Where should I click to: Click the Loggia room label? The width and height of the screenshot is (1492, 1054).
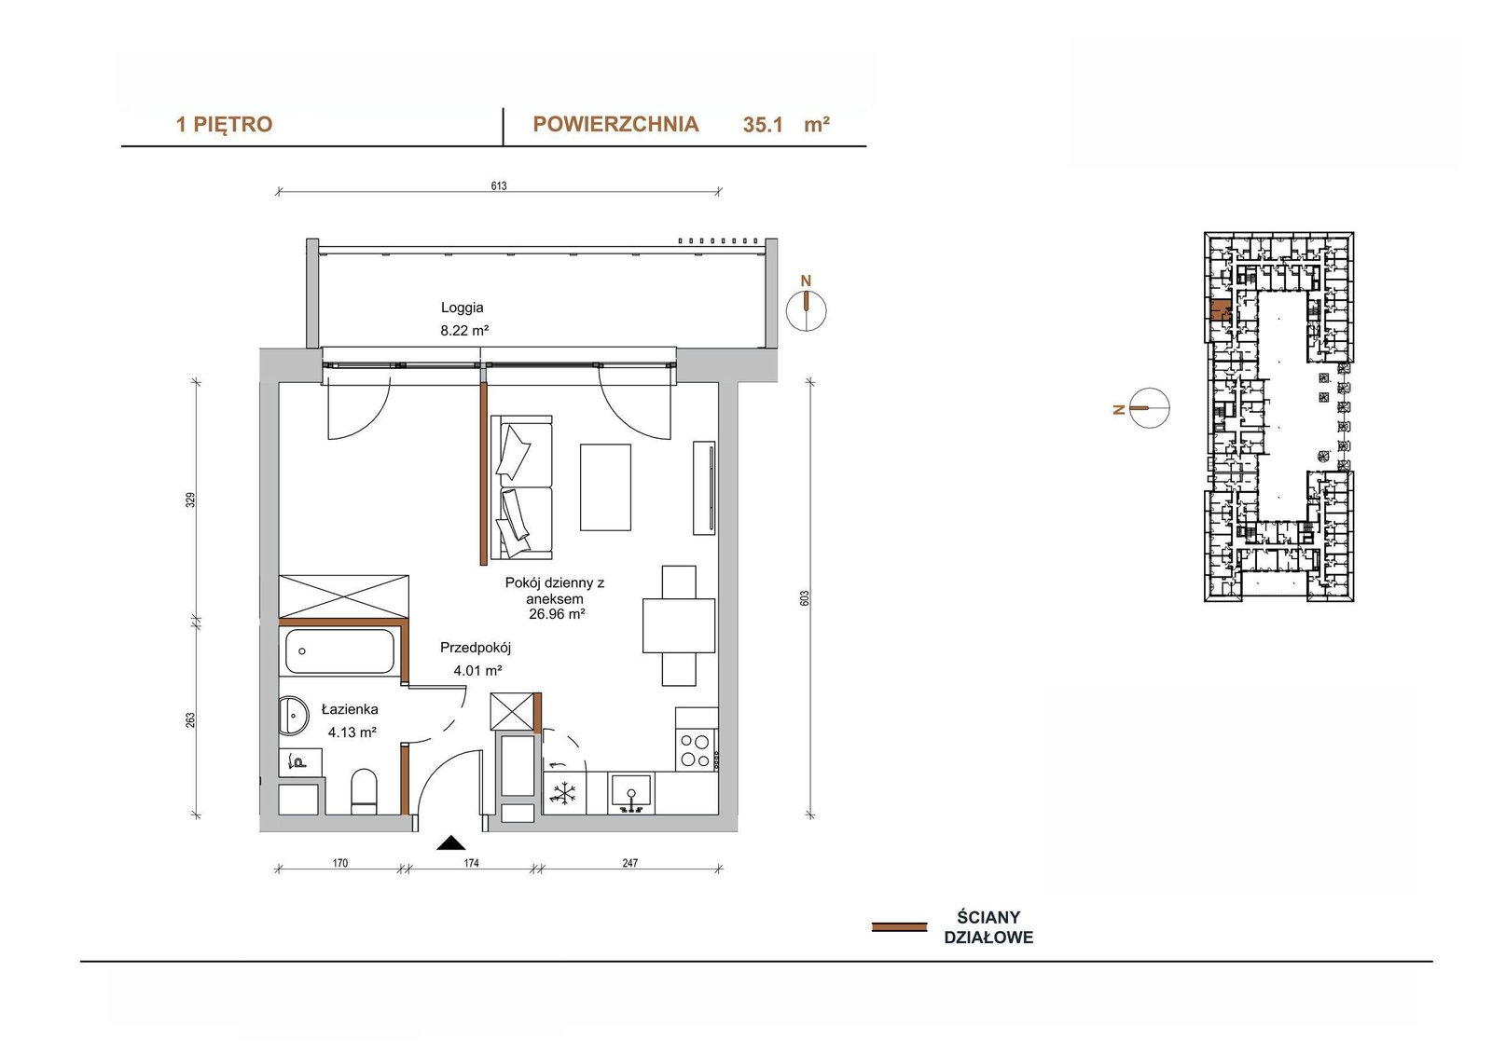click(x=462, y=308)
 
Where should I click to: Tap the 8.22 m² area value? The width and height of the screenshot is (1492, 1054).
click(x=464, y=330)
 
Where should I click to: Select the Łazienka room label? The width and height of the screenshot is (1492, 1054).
click(x=350, y=710)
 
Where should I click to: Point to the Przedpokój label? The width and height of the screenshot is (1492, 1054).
click(x=475, y=647)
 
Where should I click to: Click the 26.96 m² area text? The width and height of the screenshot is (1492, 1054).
click(x=557, y=614)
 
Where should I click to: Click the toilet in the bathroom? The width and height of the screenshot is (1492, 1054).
click(x=364, y=792)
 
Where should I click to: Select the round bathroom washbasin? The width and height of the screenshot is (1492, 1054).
click(x=292, y=716)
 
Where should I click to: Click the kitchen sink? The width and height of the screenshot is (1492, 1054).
click(x=631, y=793)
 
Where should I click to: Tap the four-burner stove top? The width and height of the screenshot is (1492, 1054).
click(x=696, y=750)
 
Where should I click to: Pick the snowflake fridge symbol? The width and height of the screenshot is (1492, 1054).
click(x=564, y=793)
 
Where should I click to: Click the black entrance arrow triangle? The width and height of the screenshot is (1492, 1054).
click(x=451, y=843)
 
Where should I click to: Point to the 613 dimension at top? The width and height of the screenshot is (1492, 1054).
click(x=499, y=185)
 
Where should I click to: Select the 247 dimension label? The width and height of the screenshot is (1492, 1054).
click(x=630, y=863)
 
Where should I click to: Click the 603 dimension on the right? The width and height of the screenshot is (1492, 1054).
click(x=805, y=598)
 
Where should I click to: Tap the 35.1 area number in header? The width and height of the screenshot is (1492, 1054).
click(x=763, y=125)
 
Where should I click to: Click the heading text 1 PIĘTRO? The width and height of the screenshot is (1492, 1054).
click(x=224, y=125)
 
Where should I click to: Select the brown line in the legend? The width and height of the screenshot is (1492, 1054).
click(x=899, y=927)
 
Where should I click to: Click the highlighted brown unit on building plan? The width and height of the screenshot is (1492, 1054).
click(x=1221, y=310)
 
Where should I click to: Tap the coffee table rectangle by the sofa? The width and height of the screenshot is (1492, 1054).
click(x=605, y=487)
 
